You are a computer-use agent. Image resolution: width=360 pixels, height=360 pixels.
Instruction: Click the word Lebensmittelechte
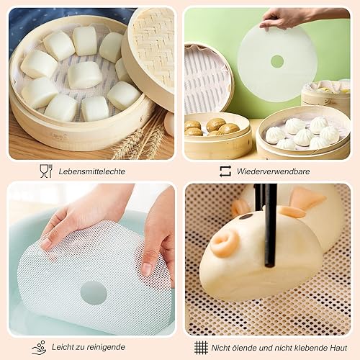92,171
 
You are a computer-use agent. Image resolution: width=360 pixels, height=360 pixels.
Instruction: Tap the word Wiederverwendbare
273,171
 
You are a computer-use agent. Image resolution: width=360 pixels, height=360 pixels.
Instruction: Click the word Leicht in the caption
63,347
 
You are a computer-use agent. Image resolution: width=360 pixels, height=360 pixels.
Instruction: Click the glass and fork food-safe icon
46,171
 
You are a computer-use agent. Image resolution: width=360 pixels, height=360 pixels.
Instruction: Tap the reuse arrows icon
225,171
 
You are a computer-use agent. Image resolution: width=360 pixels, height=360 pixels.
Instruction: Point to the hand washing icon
39,347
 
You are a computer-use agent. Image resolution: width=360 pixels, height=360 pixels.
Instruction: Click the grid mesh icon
201,347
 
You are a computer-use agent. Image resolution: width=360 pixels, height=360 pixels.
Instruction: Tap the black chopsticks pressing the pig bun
269,225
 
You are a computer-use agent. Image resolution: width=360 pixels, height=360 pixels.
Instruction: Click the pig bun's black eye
247,217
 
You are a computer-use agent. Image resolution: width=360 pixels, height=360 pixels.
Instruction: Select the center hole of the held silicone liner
277,61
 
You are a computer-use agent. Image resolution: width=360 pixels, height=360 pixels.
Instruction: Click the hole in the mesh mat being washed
94,293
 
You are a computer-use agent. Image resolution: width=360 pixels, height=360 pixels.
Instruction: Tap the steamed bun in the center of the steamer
84,75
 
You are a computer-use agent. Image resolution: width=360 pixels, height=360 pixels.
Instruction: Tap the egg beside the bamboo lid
169,124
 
